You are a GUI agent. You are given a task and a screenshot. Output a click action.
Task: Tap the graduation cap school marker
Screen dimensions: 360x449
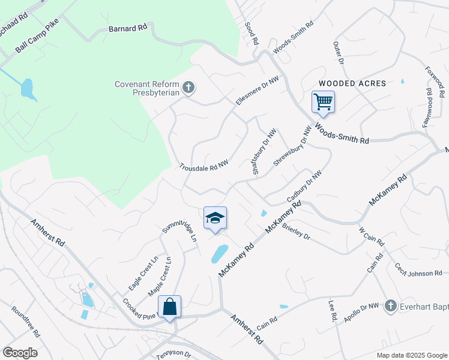pyautogui.click(x=215, y=218)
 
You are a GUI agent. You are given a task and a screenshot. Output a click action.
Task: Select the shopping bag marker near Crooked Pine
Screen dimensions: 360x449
pyautogui.click(x=170, y=307)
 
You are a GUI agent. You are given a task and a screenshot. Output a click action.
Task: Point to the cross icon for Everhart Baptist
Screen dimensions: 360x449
pyautogui.click(x=390, y=306)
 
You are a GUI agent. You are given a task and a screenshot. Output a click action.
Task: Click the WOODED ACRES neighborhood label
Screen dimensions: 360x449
pyautogui.click(x=352, y=83)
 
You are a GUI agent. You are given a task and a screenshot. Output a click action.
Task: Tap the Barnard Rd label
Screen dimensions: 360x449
pyautogui.click(x=127, y=28)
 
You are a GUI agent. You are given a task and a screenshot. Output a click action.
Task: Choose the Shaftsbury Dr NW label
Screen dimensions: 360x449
pyautogui.click(x=264, y=153)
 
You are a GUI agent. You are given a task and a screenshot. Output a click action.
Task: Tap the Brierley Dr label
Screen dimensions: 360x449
pyautogui.click(x=295, y=232)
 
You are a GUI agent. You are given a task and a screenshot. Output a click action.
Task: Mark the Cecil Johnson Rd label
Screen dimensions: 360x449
pyautogui.click(x=418, y=269)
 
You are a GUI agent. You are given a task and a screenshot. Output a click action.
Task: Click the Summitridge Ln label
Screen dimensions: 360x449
pyautogui.click(x=179, y=230)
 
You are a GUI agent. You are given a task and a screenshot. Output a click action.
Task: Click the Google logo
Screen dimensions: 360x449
pyautogui.click(x=20, y=353)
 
